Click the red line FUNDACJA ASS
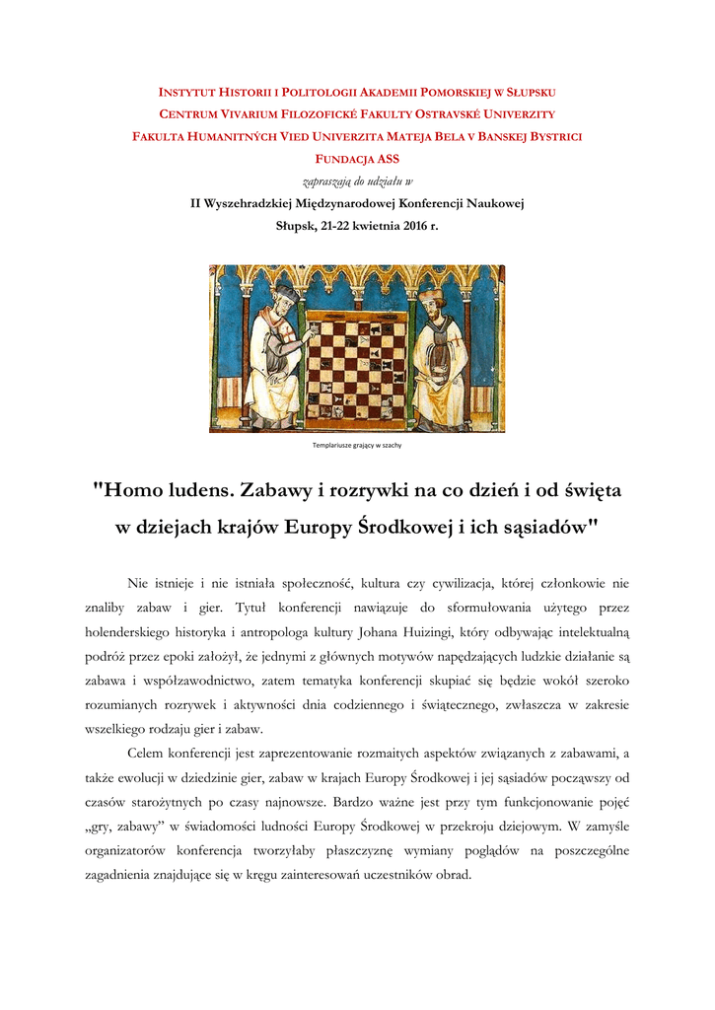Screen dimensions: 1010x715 356,159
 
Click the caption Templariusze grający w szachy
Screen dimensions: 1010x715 356,445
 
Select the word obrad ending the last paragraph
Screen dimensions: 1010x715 458,874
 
